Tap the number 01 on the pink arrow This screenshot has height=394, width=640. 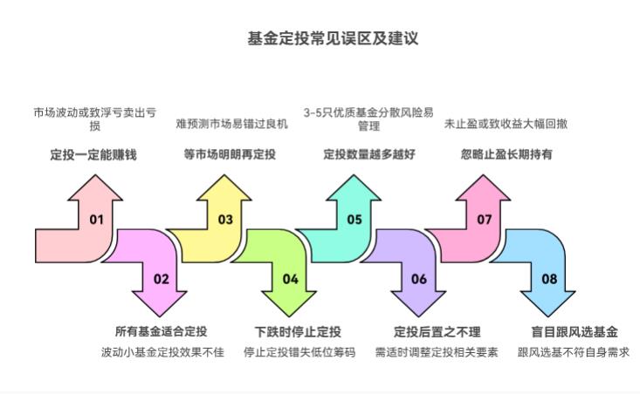coord(96,220)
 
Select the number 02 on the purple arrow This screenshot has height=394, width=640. coord(162,279)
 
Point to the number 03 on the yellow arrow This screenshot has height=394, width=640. coord(225,220)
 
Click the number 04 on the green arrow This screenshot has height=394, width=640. coord(291,279)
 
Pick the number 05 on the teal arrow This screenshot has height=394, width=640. coord(354,220)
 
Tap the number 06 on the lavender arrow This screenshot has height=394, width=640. coord(419,279)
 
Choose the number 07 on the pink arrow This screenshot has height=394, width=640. coord(485,220)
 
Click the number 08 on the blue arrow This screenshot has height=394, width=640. coord(549,279)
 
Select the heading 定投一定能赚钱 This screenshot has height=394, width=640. coord(93,154)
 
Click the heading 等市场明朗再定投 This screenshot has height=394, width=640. coord(230,154)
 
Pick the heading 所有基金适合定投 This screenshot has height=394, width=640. coord(162,332)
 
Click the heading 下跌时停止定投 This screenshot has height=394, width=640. coord(298,332)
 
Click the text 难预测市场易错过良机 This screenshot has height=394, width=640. coord(231,125)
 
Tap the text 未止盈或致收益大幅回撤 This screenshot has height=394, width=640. coord(506,125)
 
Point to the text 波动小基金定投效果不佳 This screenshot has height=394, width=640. coord(162,353)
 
